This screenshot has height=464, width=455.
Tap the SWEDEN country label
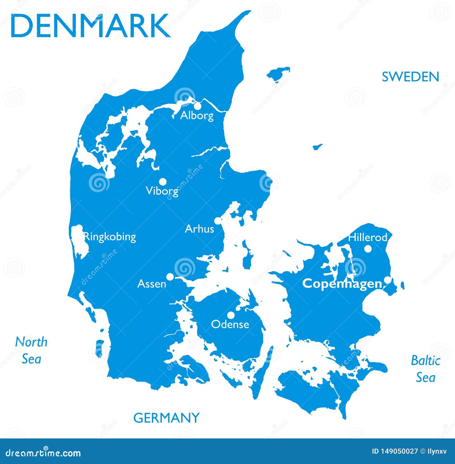[410, 77]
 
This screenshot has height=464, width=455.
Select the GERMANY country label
[166, 418]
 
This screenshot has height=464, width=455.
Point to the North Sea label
[31, 350]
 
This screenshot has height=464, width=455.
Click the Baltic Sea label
[426, 369]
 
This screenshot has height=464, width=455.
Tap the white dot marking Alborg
[197, 106]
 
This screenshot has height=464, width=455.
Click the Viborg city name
[162, 191]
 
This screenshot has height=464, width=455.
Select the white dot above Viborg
[163, 181]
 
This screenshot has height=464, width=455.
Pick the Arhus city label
[199, 229]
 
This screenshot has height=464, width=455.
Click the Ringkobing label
[110, 237]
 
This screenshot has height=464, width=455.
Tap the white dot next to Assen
[170, 276]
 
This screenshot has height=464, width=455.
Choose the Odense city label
[230, 324]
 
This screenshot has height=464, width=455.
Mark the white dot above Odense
[231, 315]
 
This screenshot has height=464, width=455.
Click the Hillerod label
[368, 237]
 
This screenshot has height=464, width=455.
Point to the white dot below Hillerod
[368, 249]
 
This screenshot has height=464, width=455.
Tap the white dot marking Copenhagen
[387, 280]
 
